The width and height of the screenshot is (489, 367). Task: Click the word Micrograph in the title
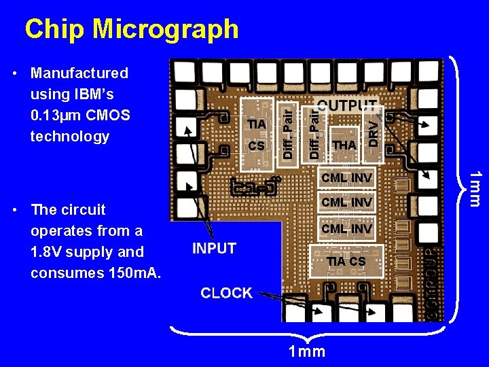165,29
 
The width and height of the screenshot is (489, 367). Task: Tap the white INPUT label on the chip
214,249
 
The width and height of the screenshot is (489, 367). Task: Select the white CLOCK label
226,293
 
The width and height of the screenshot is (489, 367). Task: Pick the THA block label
344,145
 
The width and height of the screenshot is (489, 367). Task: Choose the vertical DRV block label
374,132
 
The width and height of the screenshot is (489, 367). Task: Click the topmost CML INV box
346,178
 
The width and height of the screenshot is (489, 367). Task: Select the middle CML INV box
346,203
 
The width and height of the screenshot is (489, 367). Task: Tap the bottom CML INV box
346,229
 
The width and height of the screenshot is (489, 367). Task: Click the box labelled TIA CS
346,262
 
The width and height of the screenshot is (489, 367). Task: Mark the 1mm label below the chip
307,351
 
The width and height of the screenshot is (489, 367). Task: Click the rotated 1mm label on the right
475,188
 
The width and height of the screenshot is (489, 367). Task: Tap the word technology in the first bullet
69,136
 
